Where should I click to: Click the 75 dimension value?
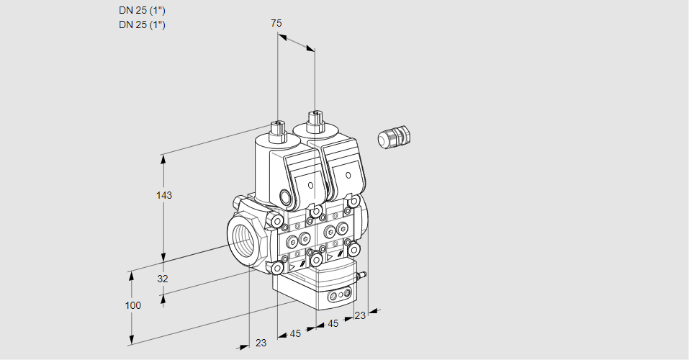pos(276,24)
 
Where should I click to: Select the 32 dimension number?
pos(163,279)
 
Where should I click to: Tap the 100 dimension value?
pos(132,305)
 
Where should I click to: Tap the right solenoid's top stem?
pos(314,120)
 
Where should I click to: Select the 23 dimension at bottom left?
pos(261,343)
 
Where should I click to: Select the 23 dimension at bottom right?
pos(360,315)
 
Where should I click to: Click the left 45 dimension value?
pos(295,333)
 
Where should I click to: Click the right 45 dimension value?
pos(333,323)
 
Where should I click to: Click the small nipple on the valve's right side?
pos(364,274)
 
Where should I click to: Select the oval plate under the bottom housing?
pos(339,295)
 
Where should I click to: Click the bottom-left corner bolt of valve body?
pos(277,268)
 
